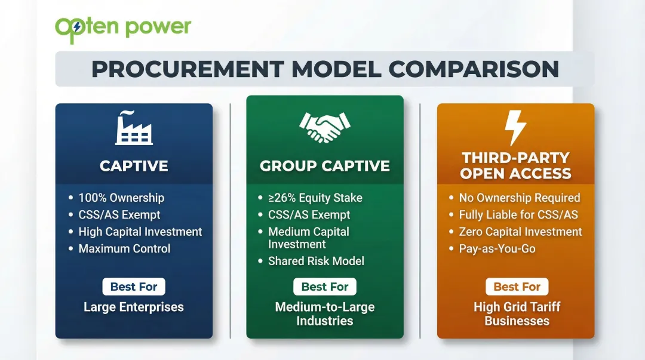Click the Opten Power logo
click(123, 28)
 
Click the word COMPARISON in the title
click(474, 69)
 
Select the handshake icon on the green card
click(325, 128)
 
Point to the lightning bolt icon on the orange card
click(515, 127)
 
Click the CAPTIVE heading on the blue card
click(134, 165)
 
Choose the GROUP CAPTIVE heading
click(325, 165)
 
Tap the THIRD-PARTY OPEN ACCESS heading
click(516, 165)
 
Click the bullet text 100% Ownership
click(121, 198)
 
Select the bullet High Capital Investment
click(140, 232)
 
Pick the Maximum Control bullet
click(124, 248)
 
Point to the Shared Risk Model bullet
click(316, 261)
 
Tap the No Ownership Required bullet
click(520, 198)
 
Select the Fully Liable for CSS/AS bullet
click(518, 215)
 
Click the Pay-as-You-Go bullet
click(497, 248)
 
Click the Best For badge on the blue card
click(134, 287)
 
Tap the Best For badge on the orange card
click(517, 287)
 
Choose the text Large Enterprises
click(134, 307)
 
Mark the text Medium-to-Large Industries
click(325, 314)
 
